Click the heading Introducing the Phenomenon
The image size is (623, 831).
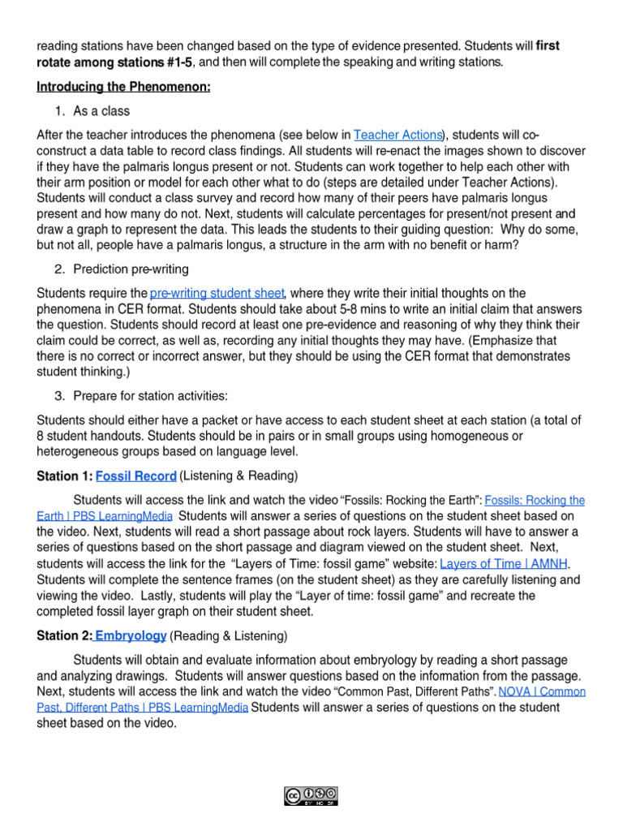[123, 87]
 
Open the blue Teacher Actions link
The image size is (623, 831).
[398, 135]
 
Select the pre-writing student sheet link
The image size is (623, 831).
[217, 293]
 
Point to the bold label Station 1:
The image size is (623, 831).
[65, 476]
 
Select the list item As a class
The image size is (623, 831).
[101, 111]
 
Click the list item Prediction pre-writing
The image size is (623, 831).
[132, 269]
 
